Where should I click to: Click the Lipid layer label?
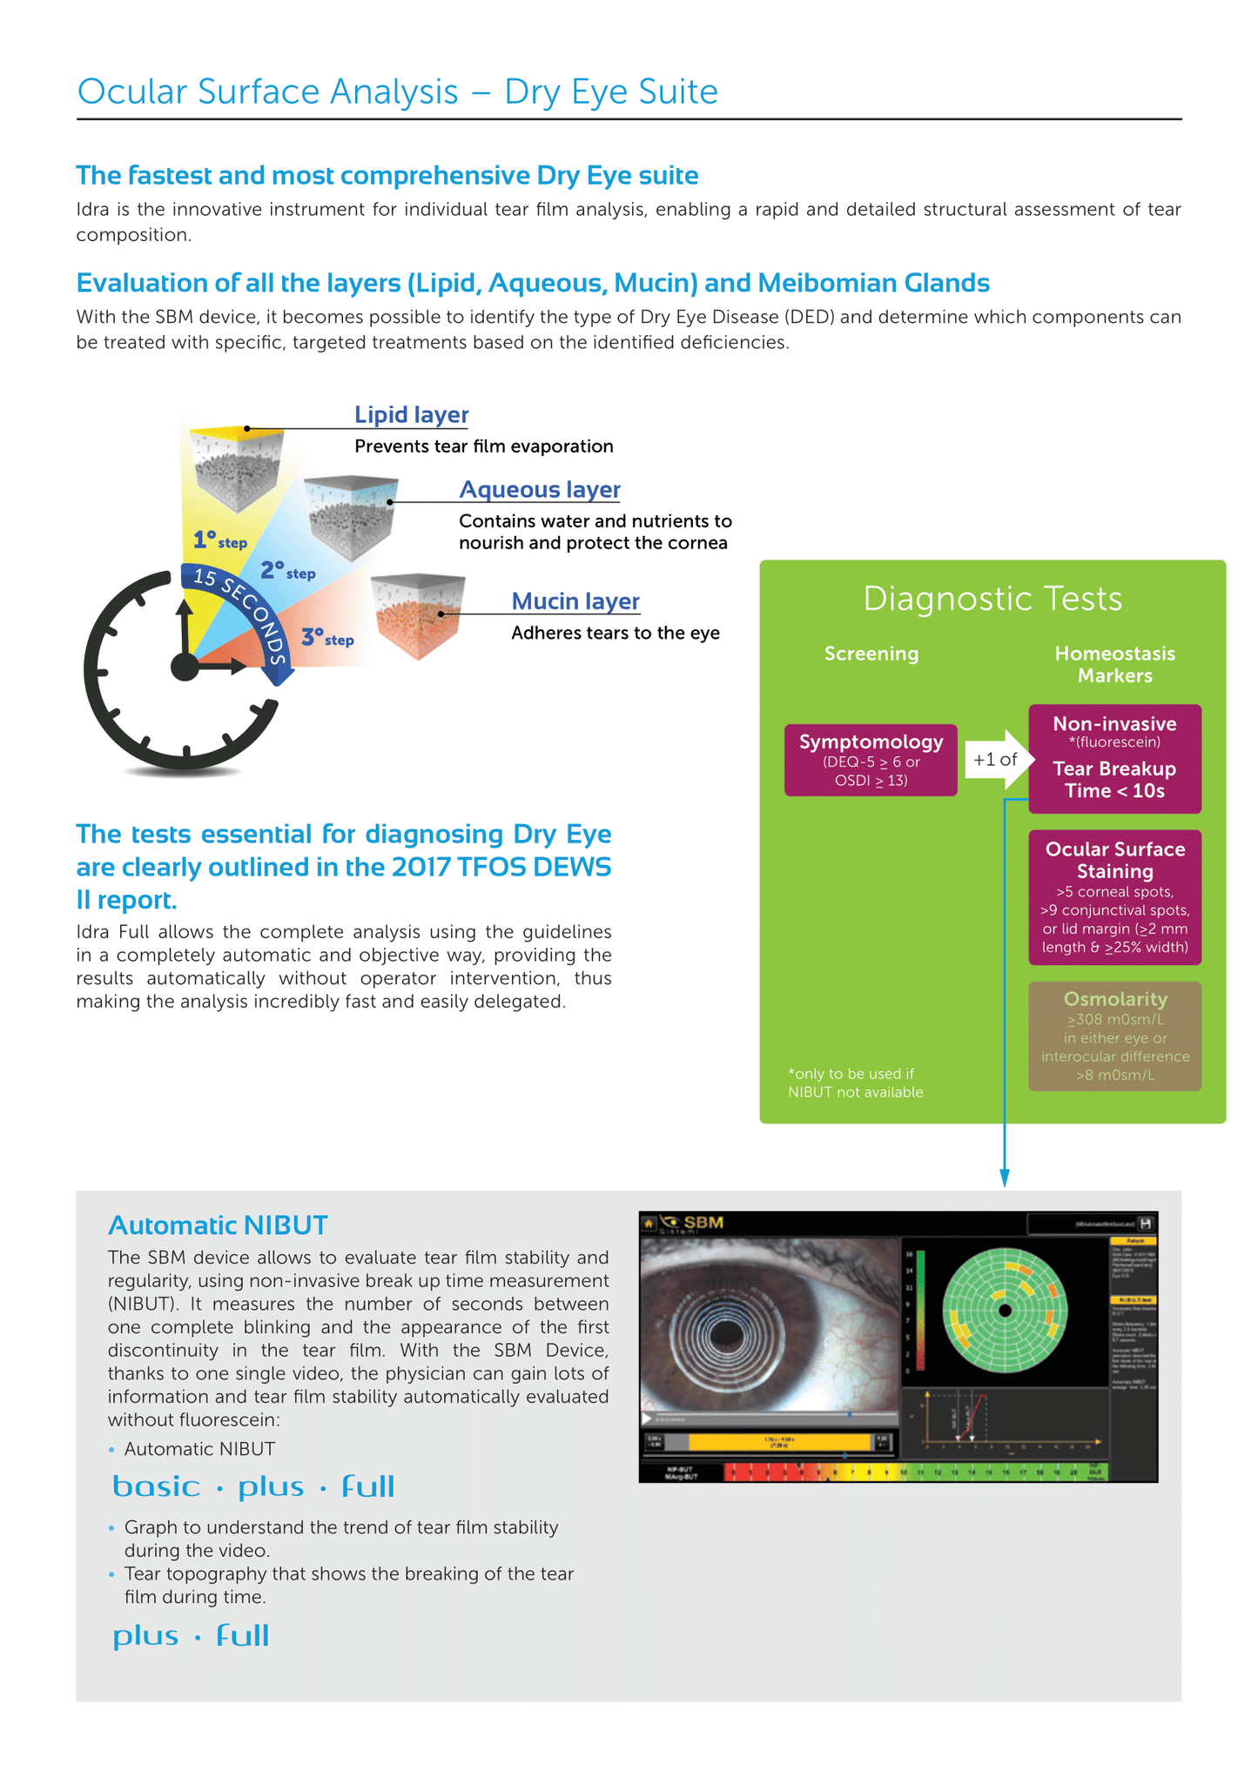411,415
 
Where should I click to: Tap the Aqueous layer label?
540,490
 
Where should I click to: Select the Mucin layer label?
575,601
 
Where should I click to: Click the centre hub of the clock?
185,668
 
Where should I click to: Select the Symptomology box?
871,760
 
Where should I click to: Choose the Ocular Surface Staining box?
1114,897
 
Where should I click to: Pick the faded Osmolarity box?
1114,1036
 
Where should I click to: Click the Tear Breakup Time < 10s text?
1114,780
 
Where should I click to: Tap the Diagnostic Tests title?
992,599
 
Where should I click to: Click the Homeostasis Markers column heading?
1114,665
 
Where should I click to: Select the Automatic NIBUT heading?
218,1225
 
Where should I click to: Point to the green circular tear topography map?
1005,1310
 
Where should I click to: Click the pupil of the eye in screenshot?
724,1333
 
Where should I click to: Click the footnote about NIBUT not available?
855,1083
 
